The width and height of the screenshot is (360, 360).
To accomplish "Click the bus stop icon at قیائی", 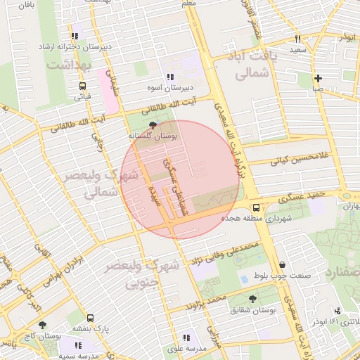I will coord(83,86).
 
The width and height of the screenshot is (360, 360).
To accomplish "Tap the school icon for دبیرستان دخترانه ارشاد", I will coord(75,36).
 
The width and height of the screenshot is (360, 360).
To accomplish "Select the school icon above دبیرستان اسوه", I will coord(170,77).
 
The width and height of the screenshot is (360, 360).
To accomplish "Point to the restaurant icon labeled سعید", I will coord(298,39).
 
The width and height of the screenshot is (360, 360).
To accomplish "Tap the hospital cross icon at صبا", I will coord(319,78).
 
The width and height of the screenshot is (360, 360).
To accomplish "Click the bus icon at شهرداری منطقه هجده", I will coord(256,207).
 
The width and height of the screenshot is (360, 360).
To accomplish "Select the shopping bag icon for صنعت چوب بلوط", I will coord(282,264).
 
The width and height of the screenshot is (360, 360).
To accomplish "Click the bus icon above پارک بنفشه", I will coord(90,318).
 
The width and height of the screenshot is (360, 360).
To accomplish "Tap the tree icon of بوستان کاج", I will coord(43,325).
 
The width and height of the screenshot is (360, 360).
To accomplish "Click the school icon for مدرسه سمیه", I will coord(78,345).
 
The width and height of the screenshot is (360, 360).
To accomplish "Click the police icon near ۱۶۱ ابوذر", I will coord(338,311).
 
